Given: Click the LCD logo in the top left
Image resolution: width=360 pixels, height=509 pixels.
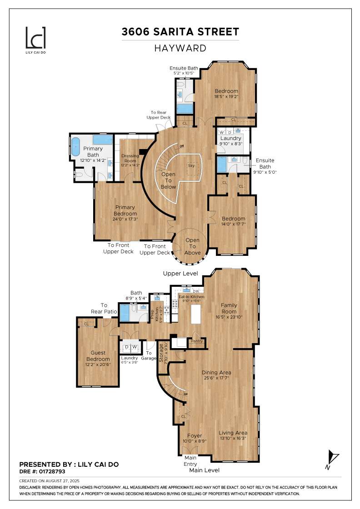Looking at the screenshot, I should (x=35, y=38).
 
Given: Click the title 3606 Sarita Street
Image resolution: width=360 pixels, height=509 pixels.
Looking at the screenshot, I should (x=180, y=32).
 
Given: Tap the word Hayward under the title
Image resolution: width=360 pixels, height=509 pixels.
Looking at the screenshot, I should (x=180, y=48).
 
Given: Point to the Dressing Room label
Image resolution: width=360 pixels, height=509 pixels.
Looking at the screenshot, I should (x=130, y=160).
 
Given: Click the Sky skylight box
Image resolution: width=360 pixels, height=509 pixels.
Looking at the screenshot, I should (x=191, y=166).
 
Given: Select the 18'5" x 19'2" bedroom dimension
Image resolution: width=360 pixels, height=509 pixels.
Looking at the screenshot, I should (x=226, y=96).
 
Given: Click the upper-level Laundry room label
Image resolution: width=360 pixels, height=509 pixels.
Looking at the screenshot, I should (x=231, y=138).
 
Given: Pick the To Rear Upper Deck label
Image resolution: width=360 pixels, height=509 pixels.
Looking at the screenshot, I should (x=160, y=115).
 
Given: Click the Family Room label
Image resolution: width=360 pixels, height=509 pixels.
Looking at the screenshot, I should (x=229, y=309).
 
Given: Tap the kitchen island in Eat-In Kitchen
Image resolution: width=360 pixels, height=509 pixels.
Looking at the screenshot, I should (x=196, y=314).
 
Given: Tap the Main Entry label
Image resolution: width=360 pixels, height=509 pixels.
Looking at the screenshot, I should (x=190, y=461).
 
